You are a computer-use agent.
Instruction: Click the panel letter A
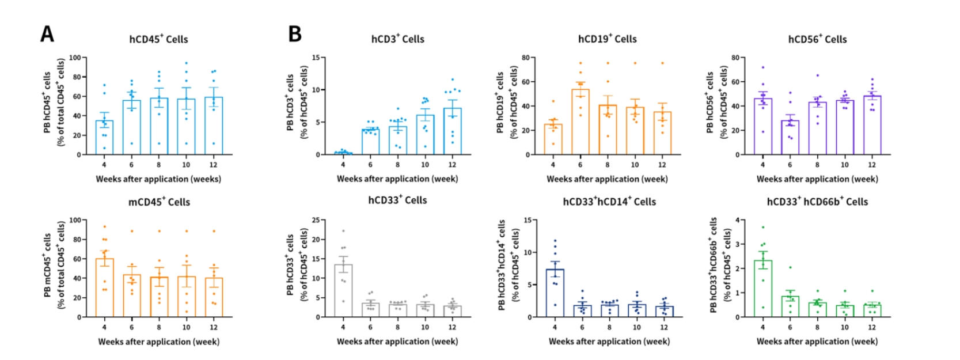47,34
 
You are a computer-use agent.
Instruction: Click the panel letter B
295,34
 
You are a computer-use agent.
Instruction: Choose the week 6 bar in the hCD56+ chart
790,138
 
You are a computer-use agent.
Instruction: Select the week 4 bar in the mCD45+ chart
104,288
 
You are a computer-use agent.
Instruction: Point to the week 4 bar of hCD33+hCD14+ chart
555,293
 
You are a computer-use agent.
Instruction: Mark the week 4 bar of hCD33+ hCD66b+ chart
762,289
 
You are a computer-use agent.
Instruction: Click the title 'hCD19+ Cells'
607,39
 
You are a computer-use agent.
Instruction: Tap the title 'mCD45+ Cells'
159,202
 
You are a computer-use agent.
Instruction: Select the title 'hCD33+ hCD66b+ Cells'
817,202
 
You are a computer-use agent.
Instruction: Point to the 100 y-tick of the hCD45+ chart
75,58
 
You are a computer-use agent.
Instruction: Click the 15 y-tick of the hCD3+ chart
316,58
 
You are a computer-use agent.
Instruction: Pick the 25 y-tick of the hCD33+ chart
316,220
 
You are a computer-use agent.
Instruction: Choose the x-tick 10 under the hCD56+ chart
844,165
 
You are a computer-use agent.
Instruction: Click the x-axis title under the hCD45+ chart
158,179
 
